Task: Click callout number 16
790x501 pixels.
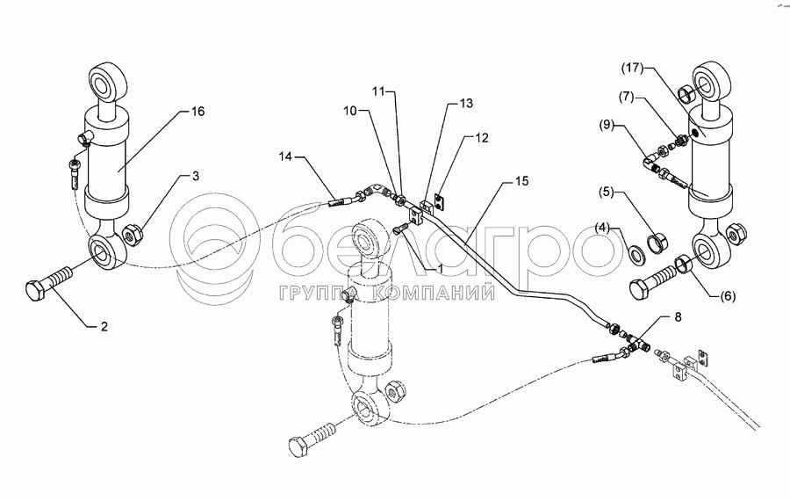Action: (197, 112)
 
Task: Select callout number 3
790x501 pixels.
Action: (195, 177)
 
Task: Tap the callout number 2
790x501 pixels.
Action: (104, 327)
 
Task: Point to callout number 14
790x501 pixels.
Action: (286, 156)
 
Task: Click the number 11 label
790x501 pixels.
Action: (377, 91)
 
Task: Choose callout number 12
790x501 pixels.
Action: (481, 138)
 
